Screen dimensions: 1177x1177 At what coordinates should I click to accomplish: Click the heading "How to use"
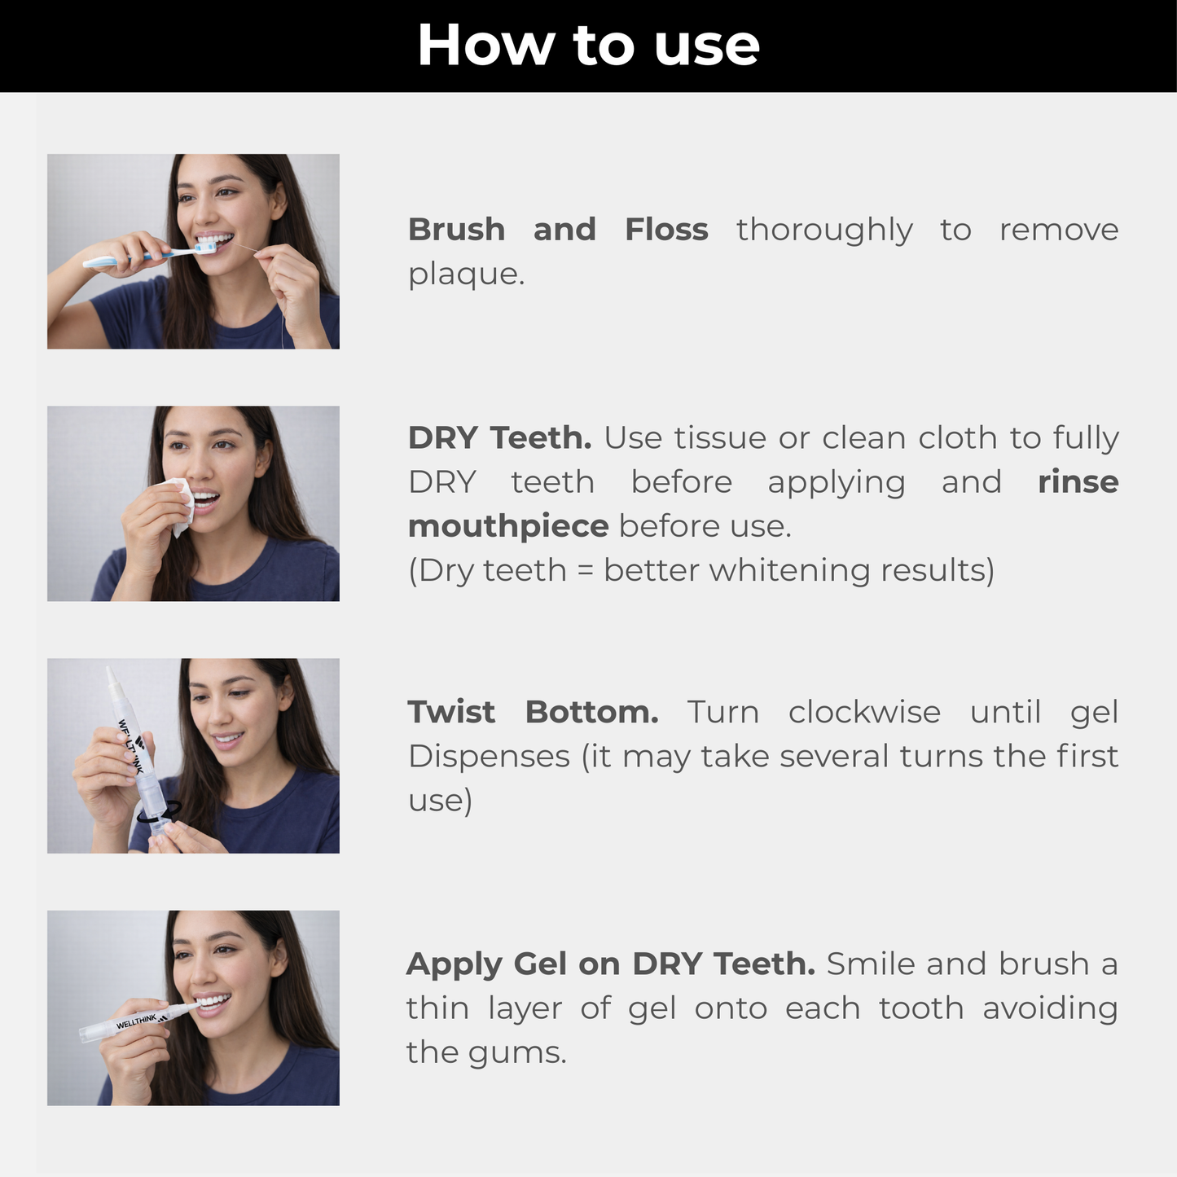[x=588, y=45]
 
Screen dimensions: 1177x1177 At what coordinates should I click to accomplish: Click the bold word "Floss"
[x=666, y=230]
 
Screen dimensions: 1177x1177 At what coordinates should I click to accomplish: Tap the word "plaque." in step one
[x=466, y=274]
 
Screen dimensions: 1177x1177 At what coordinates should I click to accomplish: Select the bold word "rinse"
[x=1078, y=482]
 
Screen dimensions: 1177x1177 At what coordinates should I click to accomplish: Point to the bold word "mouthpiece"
[x=508, y=527]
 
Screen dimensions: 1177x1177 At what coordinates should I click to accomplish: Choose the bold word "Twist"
[x=451, y=712]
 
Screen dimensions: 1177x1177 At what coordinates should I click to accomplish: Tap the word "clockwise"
[x=864, y=712]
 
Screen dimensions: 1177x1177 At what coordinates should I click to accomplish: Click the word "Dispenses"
[x=489, y=758]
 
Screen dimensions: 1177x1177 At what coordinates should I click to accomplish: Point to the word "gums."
[x=517, y=1054]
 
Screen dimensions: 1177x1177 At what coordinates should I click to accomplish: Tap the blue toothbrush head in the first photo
[x=205, y=248]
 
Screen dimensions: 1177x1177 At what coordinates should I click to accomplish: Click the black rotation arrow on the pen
[x=159, y=812]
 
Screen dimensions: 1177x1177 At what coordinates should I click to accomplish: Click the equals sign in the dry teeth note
[x=585, y=571]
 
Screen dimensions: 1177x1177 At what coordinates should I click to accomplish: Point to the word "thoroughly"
[x=824, y=231]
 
